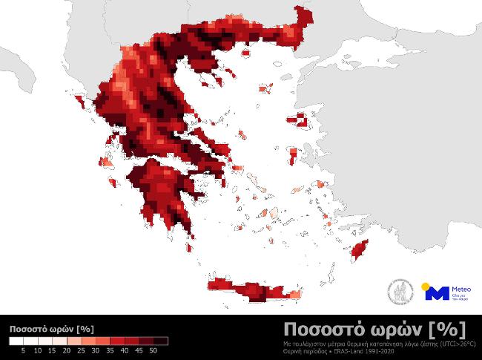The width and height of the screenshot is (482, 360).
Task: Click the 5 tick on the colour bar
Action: [x=23, y=350]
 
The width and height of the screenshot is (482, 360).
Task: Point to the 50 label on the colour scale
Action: [x=153, y=350]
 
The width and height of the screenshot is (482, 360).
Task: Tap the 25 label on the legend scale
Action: [x=81, y=350]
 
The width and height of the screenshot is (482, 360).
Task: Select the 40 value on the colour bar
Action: [x=125, y=350]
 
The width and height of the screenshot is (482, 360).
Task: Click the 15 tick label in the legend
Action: [x=52, y=350]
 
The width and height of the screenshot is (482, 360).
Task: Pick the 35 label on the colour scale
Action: [x=110, y=350]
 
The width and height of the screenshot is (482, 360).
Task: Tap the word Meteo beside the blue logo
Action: [x=461, y=289]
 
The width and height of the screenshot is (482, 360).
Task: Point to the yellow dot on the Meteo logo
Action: [x=425, y=286]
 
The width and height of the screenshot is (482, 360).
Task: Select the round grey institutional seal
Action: [x=401, y=291]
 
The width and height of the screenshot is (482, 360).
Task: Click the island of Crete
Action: [x=252, y=290]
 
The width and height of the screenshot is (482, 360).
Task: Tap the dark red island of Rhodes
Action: [x=361, y=250]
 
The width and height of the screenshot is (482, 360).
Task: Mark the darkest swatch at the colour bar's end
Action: [x=161, y=341]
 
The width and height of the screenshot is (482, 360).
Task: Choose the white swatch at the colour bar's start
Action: [x=16, y=341]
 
